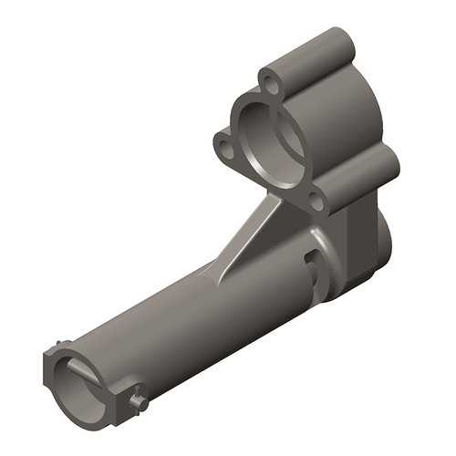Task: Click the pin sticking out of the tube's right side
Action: (138, 399)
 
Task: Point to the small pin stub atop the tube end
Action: (60, 346)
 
